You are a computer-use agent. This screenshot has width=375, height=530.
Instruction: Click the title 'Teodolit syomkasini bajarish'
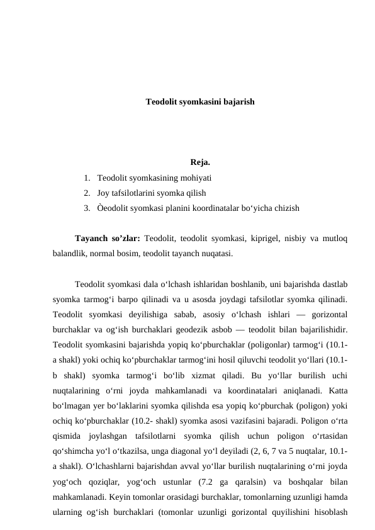pos(200,101)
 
